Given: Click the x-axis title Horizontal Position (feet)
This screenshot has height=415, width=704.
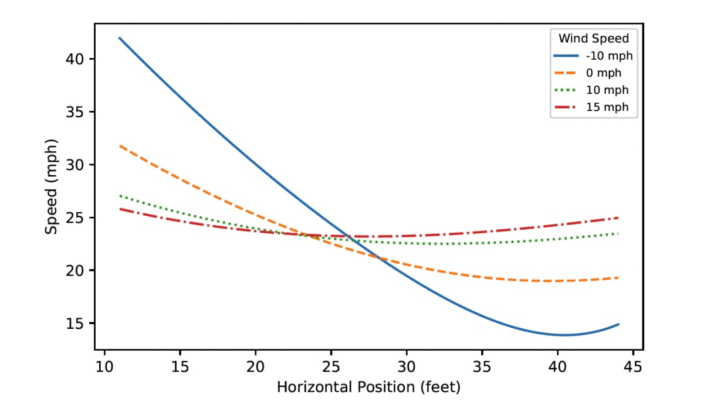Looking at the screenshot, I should coord(368,387).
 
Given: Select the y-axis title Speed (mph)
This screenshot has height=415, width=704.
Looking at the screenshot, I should coord(52,186).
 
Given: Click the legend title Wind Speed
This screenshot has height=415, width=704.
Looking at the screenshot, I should coord(593,39).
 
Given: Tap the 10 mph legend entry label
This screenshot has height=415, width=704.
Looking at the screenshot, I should coord(607,90).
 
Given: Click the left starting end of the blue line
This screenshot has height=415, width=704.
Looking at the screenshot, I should coord(120,38).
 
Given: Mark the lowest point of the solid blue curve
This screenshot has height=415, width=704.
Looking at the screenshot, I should coord(564,335).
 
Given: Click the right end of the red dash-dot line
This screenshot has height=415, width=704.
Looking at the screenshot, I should coord(618,217).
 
